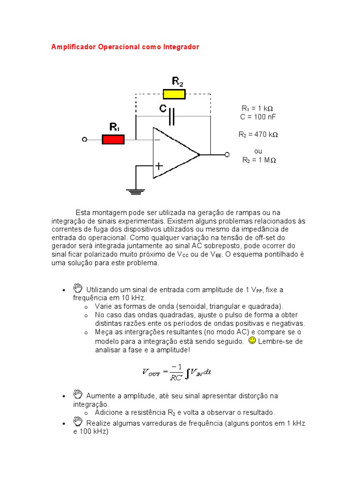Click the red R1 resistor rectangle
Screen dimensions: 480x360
click(x=113, y=139)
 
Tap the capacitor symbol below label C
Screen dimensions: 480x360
click(x=172, y=116)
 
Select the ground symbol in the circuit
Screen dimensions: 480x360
click(x=136, y=191)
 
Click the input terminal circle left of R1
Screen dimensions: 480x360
click(x=84, y=139)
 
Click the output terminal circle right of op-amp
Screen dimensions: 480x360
click(x=227, y=154)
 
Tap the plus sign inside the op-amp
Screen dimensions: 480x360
click(x=159, y=166)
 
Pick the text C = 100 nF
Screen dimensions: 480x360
click(x=258, y=116)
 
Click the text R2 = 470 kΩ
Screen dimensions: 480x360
click(x=258, y=135)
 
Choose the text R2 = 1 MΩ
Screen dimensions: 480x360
click(x=259, y=160)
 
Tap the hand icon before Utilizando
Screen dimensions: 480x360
click(x=78, y=288)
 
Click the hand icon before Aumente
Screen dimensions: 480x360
click(x=78, y=394)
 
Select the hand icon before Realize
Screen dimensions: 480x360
click(x=78, y=422)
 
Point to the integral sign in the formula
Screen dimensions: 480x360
click(x=188, y=373)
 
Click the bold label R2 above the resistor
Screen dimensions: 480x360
click(x=178, y=82)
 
